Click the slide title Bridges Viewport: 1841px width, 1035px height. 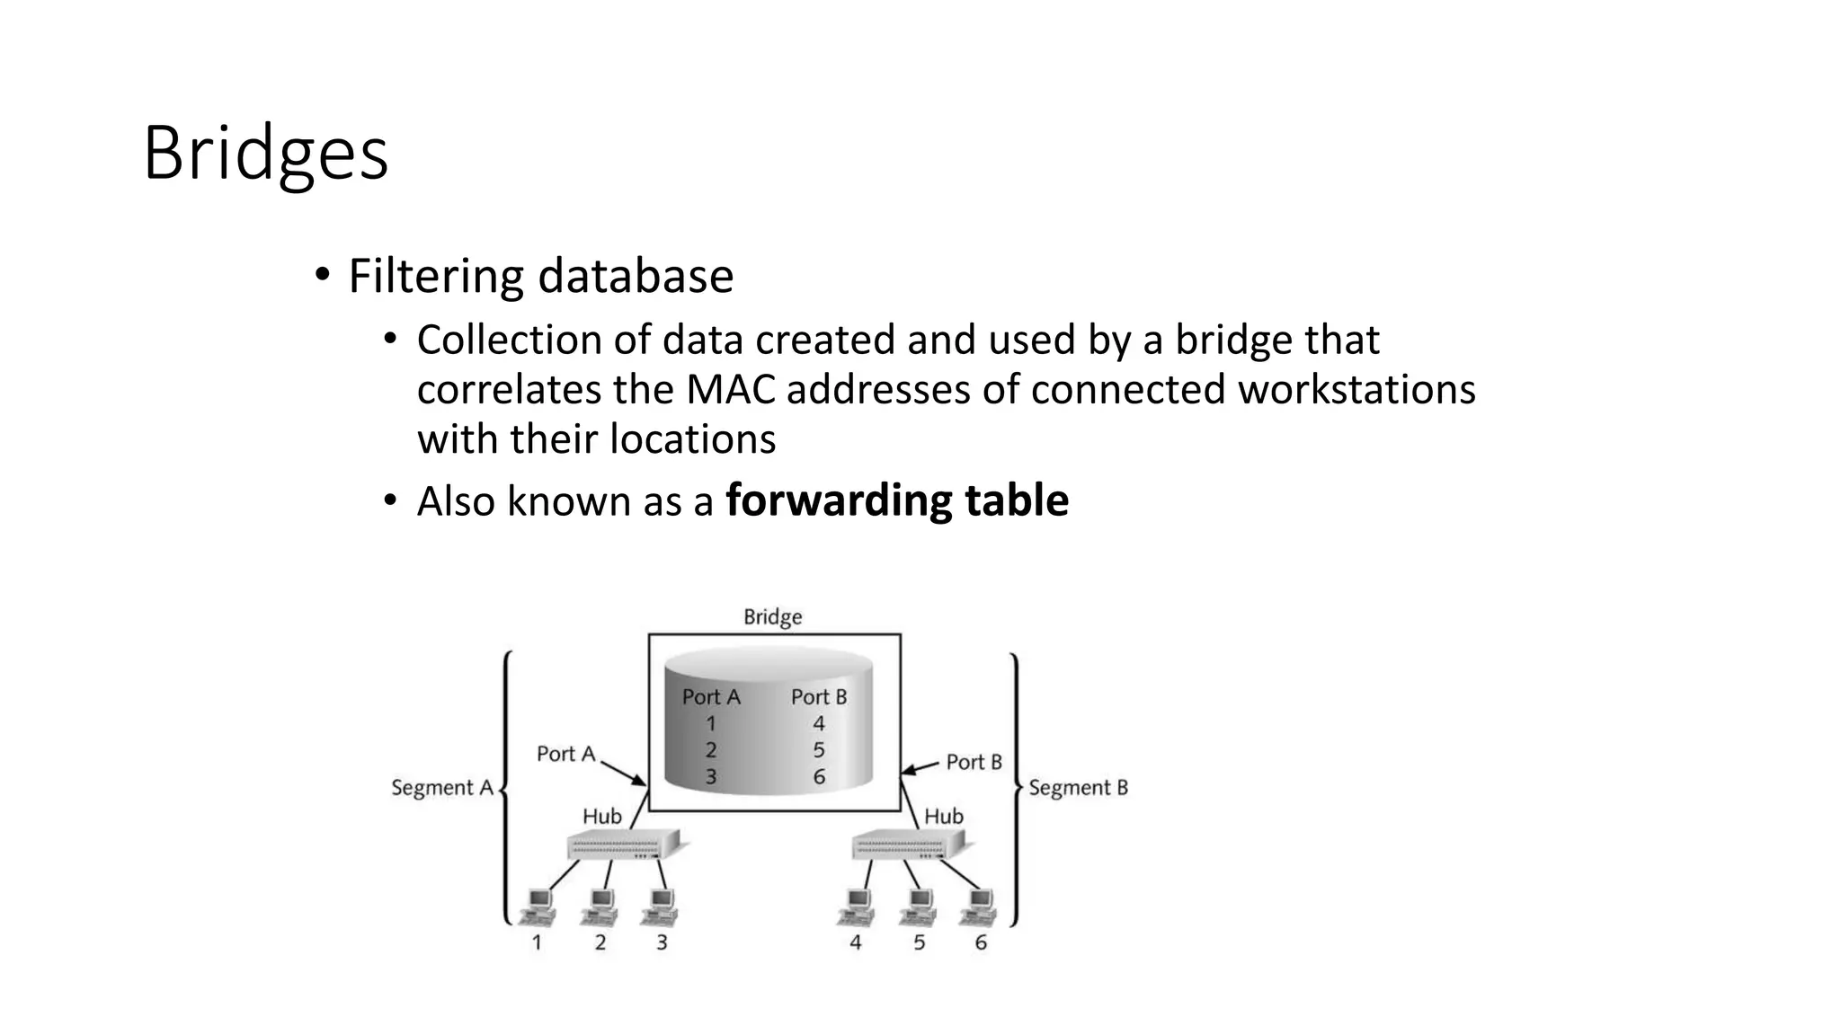pos(265,155)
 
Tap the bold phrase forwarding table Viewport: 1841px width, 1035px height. pos(896,500)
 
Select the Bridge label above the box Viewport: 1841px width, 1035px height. pos(772,617)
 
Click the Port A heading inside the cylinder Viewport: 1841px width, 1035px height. pos(711,697)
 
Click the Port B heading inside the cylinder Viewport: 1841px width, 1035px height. pos(819,697)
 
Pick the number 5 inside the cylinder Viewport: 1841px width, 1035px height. pos(819,750)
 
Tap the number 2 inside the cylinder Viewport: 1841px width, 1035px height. pos(711,750)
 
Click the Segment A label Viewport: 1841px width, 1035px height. pos(442,788)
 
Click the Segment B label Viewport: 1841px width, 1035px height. pos(1078,788)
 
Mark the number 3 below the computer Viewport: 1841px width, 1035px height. pos(662,942)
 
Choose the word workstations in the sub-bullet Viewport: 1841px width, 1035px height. pos(1356,390)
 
